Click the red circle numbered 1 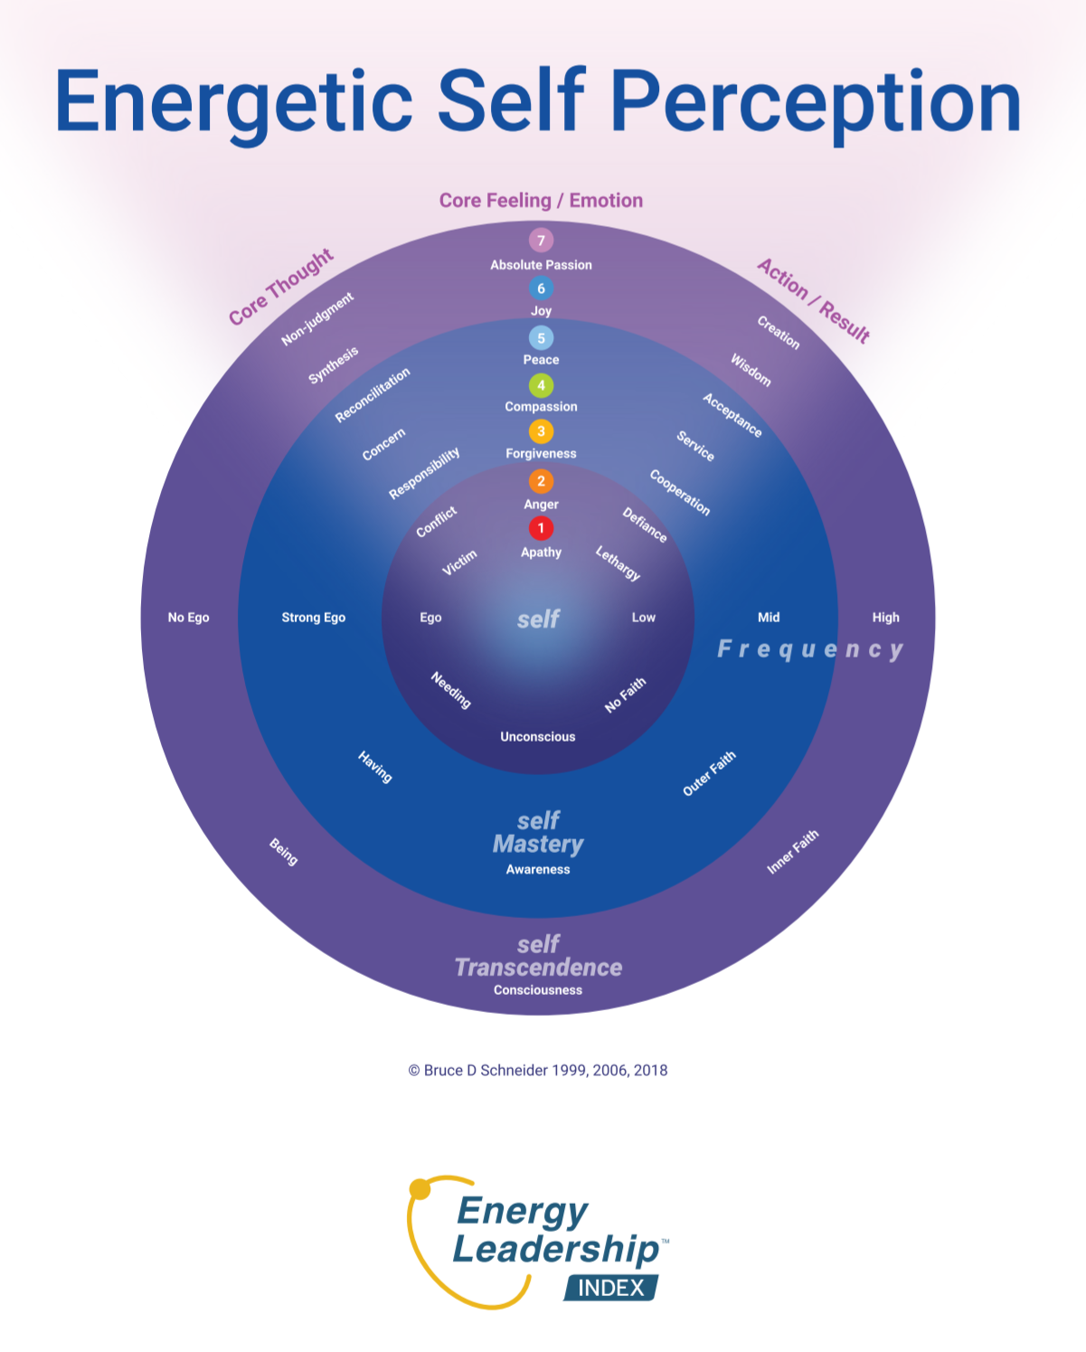pos(541,528)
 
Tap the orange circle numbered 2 pos(541,481)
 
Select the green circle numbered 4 pos(541,385)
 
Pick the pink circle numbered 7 pos(541,240)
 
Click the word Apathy pos(541,553)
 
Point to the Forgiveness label pos(541,454)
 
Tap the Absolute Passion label pos(541,265)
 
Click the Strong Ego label pos(313,618)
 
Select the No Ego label pos(188,618)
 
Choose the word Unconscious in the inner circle pos(538,737)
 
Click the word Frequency pos(810,649)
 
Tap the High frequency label pos(885,618)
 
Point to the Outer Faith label pos(709,773)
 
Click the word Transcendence pos(538,968)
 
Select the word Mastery pos(538,845)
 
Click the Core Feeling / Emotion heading pos(541,201)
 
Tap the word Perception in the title pos(816,101)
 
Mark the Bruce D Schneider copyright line pos(538,1071)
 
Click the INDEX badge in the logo pos(611,1288)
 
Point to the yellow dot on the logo pos(420,1189)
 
